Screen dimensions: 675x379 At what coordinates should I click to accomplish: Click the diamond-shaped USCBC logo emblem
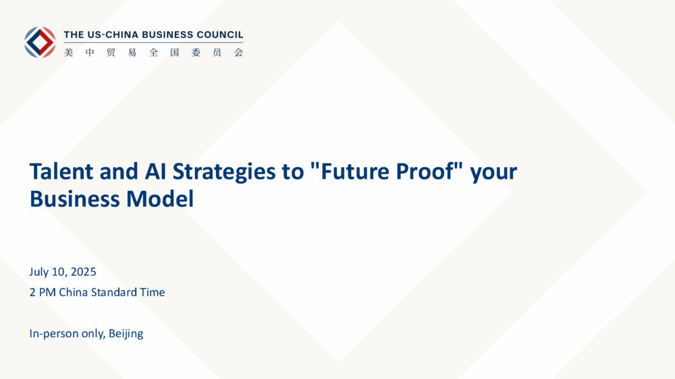click(x=40, y=42)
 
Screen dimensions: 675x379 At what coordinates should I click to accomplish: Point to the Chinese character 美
click(x=68, y=53)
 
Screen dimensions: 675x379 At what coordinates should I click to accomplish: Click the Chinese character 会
click(x=238, y=53)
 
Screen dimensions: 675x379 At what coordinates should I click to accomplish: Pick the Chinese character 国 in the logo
click(x=174, y=53)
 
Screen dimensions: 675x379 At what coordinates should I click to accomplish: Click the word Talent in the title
click(x=61, y=171)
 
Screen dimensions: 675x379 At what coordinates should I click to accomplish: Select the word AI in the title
click(x=155, y=171)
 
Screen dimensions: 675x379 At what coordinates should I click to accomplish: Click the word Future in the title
click(x=356, y=171)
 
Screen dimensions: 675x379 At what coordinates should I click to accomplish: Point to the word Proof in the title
click(x=425, y=171)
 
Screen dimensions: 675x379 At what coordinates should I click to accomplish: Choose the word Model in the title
click(x=160, y=199)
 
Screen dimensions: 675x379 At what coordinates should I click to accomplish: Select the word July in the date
click(x=38, y=272)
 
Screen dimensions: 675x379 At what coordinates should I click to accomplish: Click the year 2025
click(x=84, y=272)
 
